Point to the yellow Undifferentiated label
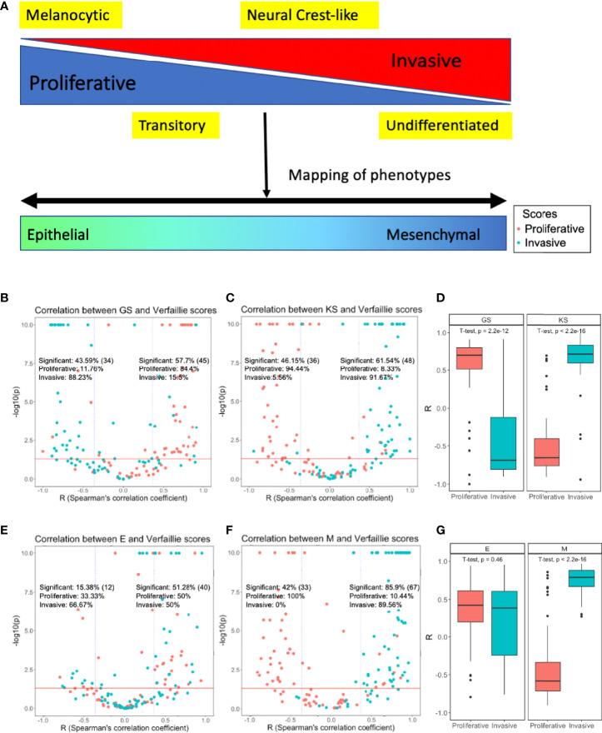click(x=441, y=126)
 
